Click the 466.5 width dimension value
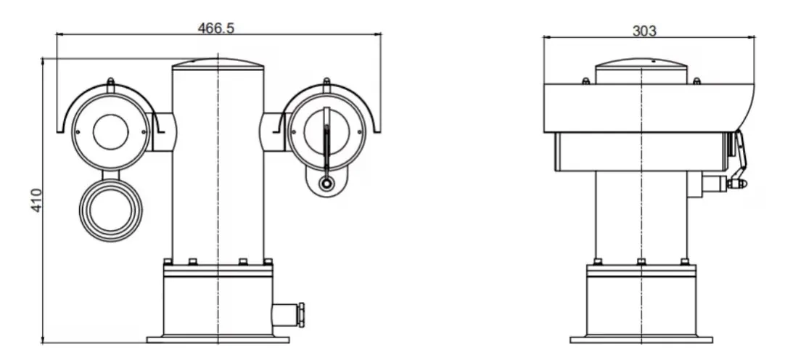click(216, 28)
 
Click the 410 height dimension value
click(36, 200)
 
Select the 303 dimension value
click(644, 30)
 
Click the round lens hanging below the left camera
click(110, 210)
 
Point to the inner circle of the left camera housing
click(110, 132)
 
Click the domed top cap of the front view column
click(218, 64)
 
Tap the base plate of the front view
click(218, 339)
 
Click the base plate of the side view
click(641, 339)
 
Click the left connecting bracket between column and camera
click(160, 132)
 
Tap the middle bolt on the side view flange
click(641, 261)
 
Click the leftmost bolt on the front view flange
click(168, 261)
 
